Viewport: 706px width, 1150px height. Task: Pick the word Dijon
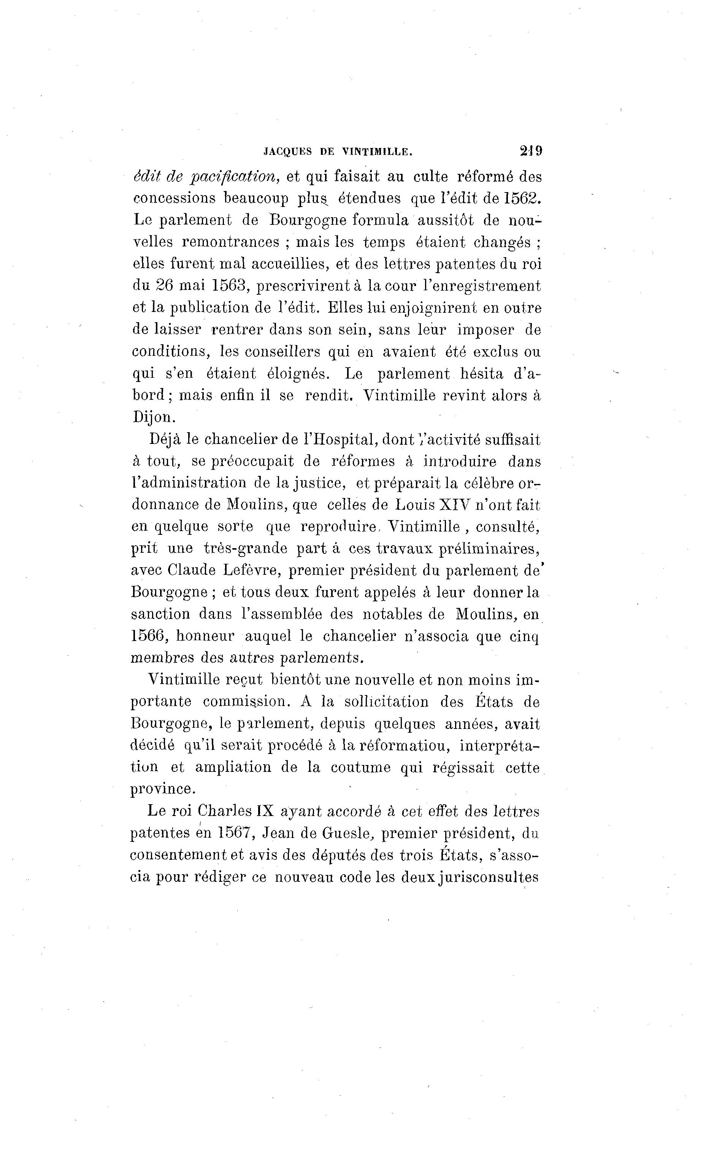pos(154,417)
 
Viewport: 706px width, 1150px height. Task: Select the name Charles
pos(225,811)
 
